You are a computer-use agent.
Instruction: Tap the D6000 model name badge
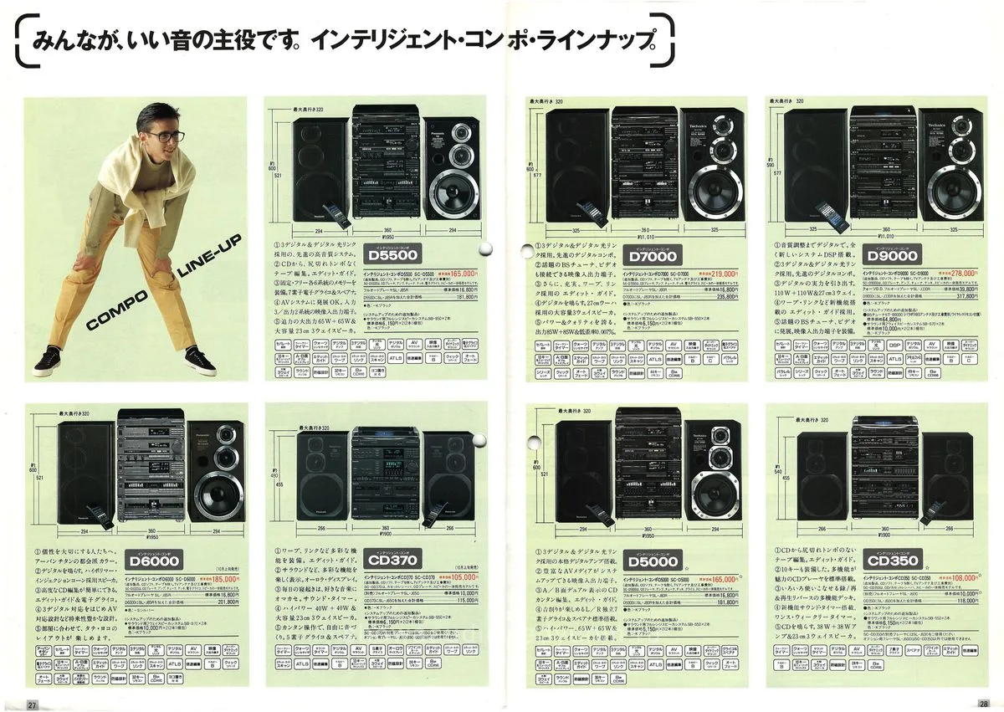(x=155, y=561)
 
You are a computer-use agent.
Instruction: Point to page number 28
(x=983, y=704)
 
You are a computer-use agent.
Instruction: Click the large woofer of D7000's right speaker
(x=714, y=191)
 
